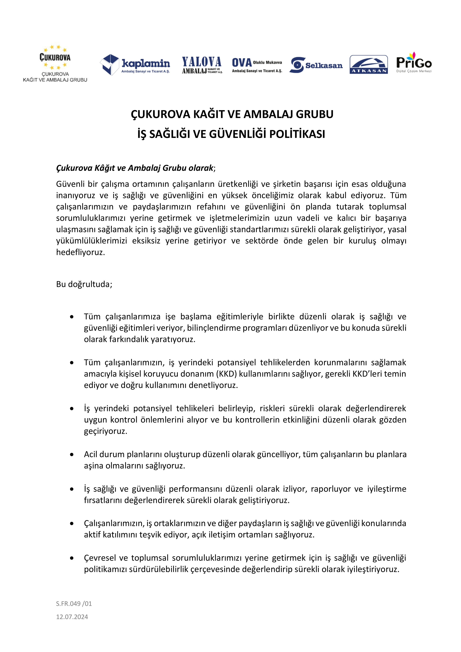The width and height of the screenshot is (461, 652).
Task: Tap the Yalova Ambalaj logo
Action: click(202, 65)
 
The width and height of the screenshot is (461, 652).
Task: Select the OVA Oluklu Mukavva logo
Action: click(257, 65)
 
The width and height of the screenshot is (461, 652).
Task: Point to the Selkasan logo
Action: click(316, 65)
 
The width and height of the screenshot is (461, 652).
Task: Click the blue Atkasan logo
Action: click(369, 64)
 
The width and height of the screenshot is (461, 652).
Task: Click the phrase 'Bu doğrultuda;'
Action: click(84, 284)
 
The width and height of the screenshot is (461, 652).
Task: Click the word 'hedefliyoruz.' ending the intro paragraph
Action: click(80, 252)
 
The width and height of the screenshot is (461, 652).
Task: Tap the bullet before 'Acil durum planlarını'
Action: click(72, 454)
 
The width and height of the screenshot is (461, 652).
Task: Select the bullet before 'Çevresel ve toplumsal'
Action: click(72, 558)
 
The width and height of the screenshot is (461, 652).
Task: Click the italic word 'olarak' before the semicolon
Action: click(201, 168)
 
